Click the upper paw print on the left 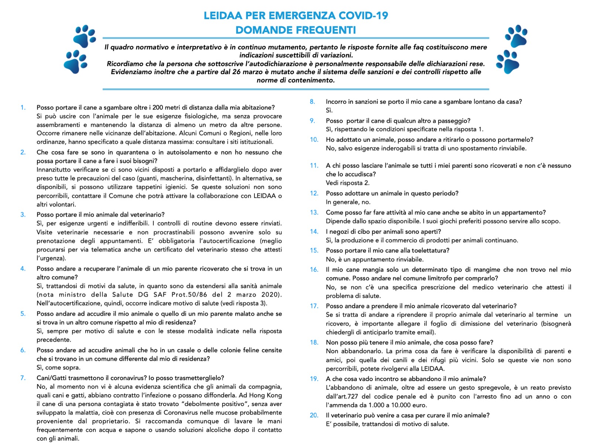pyautogui.click(x=85, y=36)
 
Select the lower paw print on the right pyautogui.click(x=508, y=61)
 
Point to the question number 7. pyautogui.click(x=23, y=378)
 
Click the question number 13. pyautogui.click(x=314, y=213)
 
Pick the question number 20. pyautogui.click(x=314, y=416)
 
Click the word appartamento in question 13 pyautogui.click(x=523, y=213)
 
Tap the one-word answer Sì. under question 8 pyautogui.click(x=329, y=110)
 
